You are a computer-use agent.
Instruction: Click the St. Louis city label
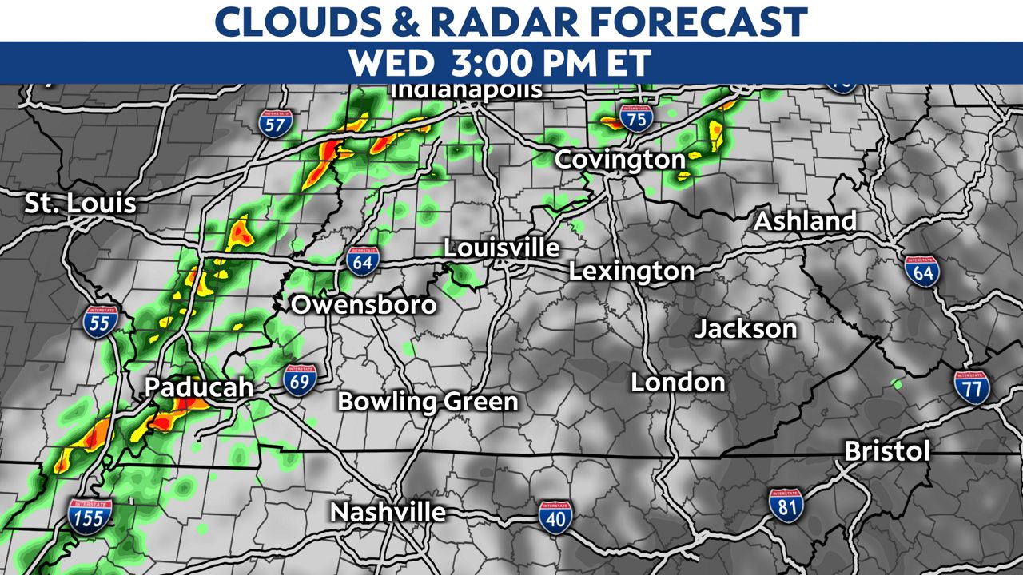pyautogui.click(x=80, y=203)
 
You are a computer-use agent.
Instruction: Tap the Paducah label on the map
pyautogui.click(x=198, y=388)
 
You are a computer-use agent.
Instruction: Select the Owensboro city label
pyautogui.click(x=364, y=304)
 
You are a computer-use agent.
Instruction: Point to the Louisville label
pyautogui.click(x=501, y=248)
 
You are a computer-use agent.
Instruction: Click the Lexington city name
pyautogui.click(x=631, y=272)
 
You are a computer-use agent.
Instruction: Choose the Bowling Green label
pyautogui.click(x=428, y=401)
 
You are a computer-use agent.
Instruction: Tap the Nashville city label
pyautogui.click(x=388, y=511)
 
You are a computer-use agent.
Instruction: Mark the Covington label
pyautogui.click(x=620, y=160)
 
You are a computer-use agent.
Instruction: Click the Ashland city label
pyautogui.click(x=805, y=221)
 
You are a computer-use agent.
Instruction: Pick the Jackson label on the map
pyautogui.click(x=746, y=328)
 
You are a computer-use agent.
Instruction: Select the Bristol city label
pyautogui.click(x=887, y=452)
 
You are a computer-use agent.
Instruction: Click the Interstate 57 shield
pyautogui.click(x=276, y=122)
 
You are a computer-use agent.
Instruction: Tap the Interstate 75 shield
pyautogui.click(x=635, y=117)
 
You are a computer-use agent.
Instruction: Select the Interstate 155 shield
pyautogui.click(x=90, y=517)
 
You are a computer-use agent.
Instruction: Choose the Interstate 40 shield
pyautogui.click(x=554, y=517)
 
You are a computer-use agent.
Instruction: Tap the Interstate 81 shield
pyautogui.click(x=786, y=504)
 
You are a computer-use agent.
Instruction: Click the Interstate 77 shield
pyautogui.click(x=971, y=387)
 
